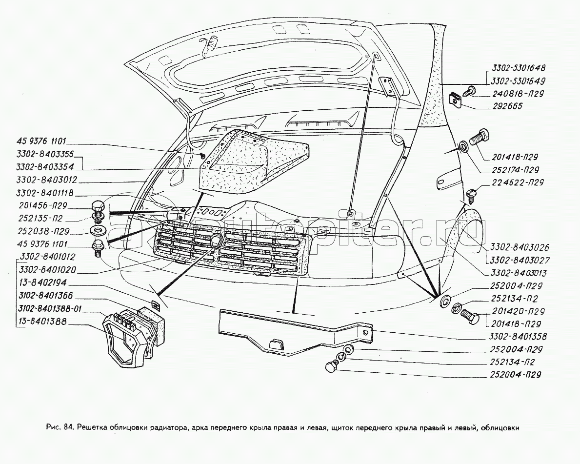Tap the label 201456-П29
tap(41, 205)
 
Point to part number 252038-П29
tap(41, 231)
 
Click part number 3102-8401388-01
tap(51, 308)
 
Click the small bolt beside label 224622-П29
tap(472, 194)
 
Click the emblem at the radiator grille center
tap(215, 241)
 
